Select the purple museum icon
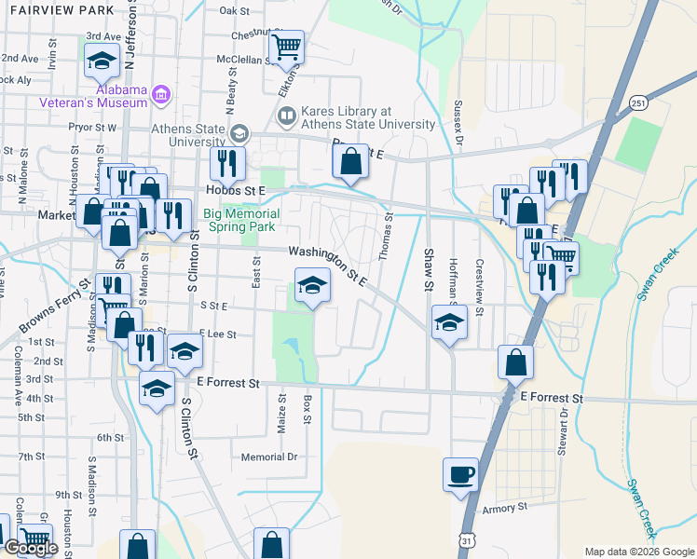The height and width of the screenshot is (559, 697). (x=161, y=94)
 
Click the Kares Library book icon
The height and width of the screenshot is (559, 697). (x=286, y=116)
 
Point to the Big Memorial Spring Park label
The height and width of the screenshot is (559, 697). (x=239, y=220)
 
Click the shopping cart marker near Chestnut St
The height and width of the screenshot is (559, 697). (x=287, y=46)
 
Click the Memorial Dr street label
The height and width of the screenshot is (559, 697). (x=268, y=457)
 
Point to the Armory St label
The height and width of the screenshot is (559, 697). (x=505, y=509)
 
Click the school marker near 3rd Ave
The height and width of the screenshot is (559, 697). (x=101, y=62)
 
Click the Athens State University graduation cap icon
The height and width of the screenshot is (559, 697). (x=239, y=134)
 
